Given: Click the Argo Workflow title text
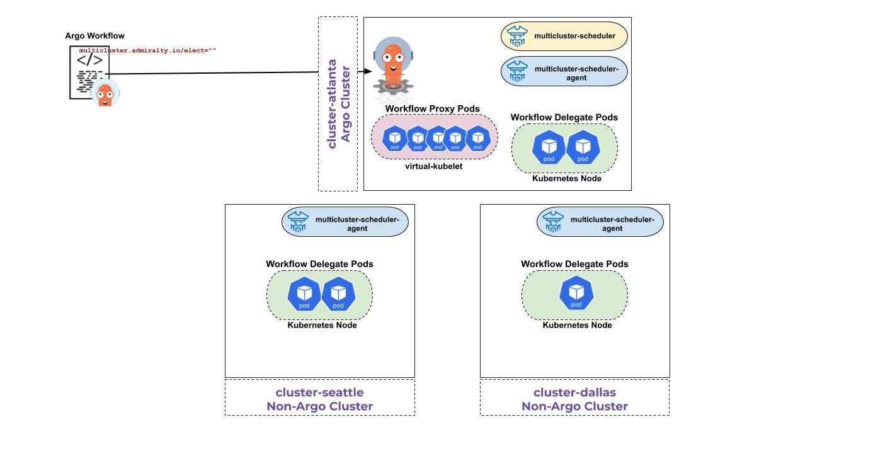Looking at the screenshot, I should [94, 36].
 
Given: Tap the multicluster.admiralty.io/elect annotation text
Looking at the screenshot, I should [147, 50].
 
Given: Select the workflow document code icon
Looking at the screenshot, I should [89, 72].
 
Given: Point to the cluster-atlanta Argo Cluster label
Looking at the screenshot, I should [338, 104].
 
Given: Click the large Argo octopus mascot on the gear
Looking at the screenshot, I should [392, 66].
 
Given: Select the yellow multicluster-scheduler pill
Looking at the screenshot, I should [564, 37].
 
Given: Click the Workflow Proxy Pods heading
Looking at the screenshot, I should [432, 109].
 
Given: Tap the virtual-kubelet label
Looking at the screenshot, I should [433, 166].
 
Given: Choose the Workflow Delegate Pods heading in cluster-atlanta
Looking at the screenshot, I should [564, 118].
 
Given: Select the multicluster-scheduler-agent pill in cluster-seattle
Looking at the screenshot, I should [345, 222].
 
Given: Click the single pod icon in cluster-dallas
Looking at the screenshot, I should [576, 294].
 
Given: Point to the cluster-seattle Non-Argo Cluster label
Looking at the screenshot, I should [319, 399].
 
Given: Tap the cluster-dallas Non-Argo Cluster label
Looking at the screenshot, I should [574, 399].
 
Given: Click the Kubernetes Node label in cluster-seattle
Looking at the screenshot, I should [322, 325].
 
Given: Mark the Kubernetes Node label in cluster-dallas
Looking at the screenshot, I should [577, 325].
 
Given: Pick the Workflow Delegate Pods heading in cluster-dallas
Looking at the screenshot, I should [574, 264].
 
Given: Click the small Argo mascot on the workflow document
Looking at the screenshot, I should [105, 93].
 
